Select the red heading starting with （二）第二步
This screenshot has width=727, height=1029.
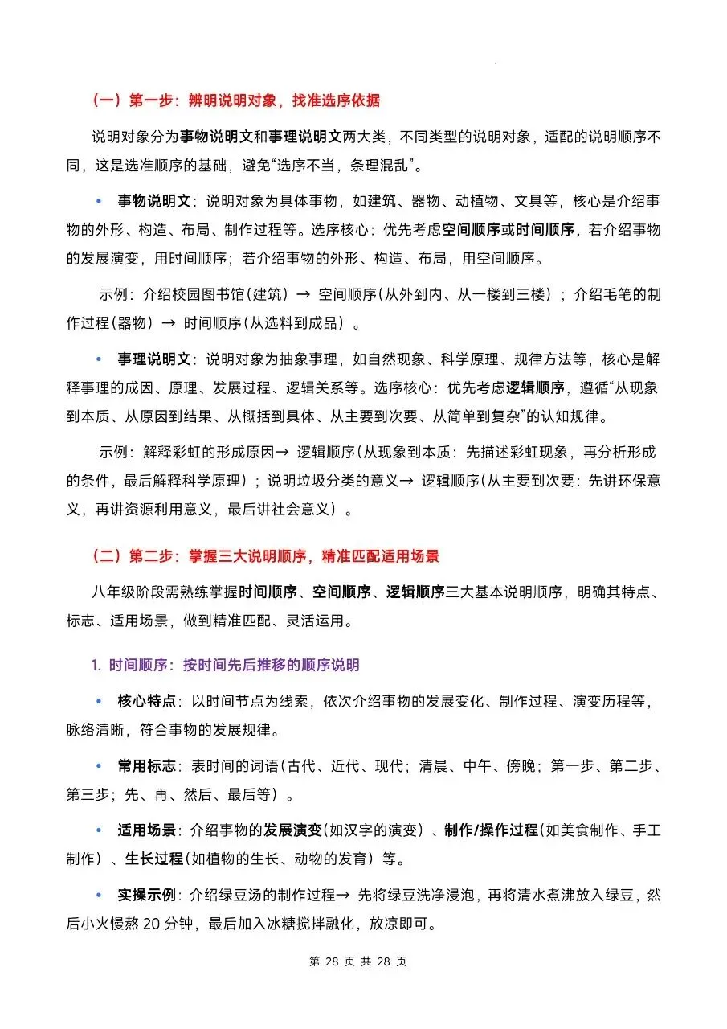tap(265, 556)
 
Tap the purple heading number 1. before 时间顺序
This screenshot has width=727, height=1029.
tap(96, 665)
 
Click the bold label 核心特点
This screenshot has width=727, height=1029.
tap(147, 701)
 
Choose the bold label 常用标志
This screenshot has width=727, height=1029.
tap(147, 765)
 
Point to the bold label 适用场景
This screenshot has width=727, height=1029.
tap(147, 830)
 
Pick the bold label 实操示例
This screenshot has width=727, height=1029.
tap(147, 894)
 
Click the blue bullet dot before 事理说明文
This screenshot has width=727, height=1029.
tap(100, 358)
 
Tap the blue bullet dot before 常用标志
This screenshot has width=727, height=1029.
tap(100, 766)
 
